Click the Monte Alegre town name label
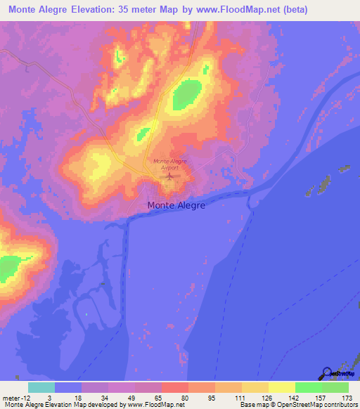tap(176, 206)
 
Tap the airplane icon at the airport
tap(169, 176)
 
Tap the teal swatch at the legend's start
tap(41, 387)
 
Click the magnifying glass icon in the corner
tap(326, 374)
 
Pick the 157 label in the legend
tap(321, 398)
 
